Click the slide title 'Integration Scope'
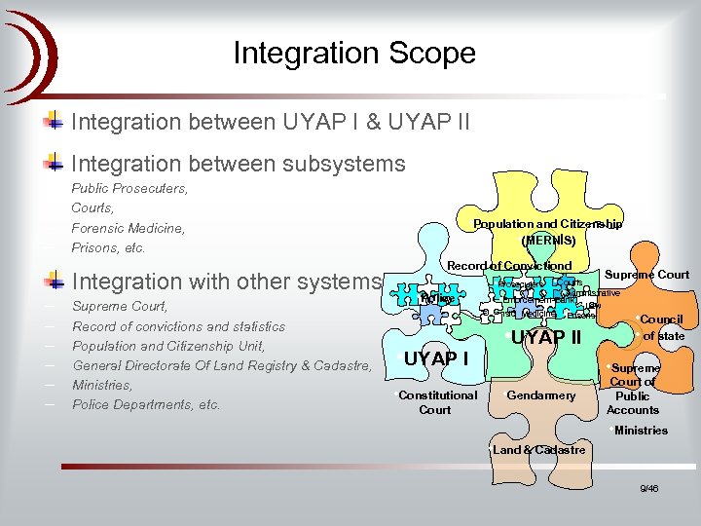(x=354, y=53)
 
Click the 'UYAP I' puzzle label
(x=435, y=358)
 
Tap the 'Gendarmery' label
(x=541, y=395)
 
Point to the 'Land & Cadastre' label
(x=538, y=450)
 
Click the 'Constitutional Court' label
(x=437, y=402)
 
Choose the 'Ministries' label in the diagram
(x=641, y=430)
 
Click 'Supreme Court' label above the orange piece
(x=646, y=275)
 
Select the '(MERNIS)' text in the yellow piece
(x=548, y=240)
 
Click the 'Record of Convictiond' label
(x=509, y=266)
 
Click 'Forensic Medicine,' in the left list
(x=128, y=228)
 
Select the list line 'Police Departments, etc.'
(x=146, y=404)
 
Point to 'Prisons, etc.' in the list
(x=108, y=247)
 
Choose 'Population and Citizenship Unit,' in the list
(x=168, y=346)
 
